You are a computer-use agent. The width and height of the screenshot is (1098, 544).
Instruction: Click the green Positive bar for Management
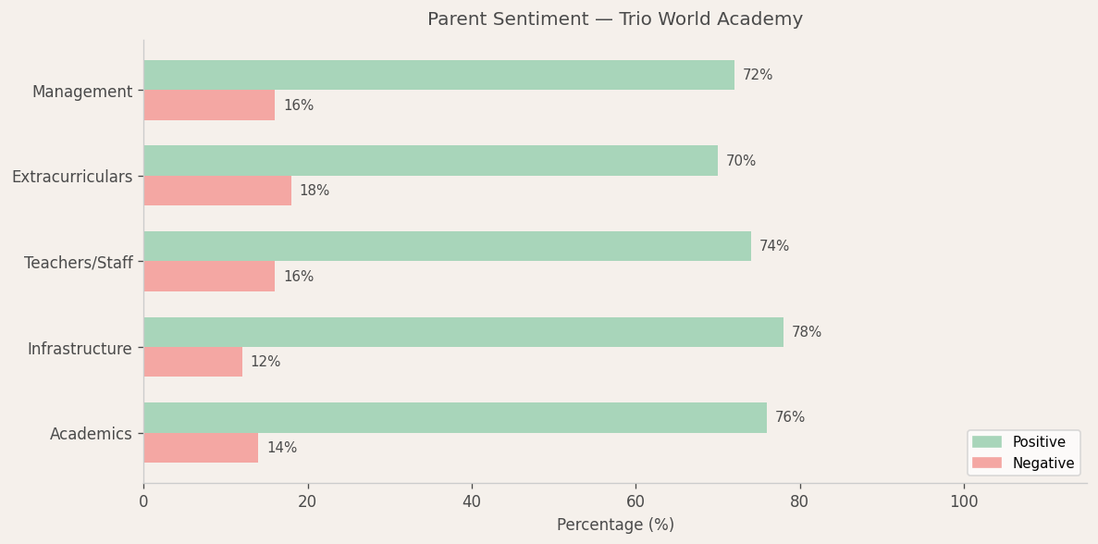[438, 76]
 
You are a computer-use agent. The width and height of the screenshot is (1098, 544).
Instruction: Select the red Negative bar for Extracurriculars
[217, 191]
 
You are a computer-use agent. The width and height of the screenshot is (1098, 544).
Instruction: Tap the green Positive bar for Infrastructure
[463, 332]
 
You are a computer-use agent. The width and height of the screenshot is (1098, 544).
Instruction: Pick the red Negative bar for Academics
[201, 448]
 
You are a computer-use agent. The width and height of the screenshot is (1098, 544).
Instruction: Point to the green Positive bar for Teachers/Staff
[447, 246]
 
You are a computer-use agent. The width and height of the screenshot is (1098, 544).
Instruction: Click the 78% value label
[807, 332]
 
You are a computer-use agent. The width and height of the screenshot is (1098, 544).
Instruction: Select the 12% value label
[265, 362]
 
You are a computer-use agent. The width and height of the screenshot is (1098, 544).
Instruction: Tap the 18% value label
[315, 191]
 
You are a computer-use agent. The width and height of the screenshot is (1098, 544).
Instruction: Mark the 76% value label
[790, 417]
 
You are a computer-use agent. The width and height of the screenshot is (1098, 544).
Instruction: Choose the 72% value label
[758, 75]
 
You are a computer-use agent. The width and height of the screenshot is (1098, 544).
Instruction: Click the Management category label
[82, 92]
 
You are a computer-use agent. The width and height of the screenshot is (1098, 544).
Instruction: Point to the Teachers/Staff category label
[79, 263]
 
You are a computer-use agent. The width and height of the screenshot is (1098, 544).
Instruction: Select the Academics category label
[91, 434]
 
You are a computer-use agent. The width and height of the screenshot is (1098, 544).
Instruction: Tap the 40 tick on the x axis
[472, 501]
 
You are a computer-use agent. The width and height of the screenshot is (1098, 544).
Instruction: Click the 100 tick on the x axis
[964, 501]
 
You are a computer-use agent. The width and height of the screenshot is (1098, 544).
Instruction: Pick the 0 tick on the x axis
[143, 501]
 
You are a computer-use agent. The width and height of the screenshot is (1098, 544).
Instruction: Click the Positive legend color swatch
[986, 442]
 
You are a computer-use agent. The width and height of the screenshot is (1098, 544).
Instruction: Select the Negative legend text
[1043, 464]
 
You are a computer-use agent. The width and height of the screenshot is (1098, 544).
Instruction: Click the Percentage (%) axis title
[615, 525]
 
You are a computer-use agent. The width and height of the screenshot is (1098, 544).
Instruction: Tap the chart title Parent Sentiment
[615, 19]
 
